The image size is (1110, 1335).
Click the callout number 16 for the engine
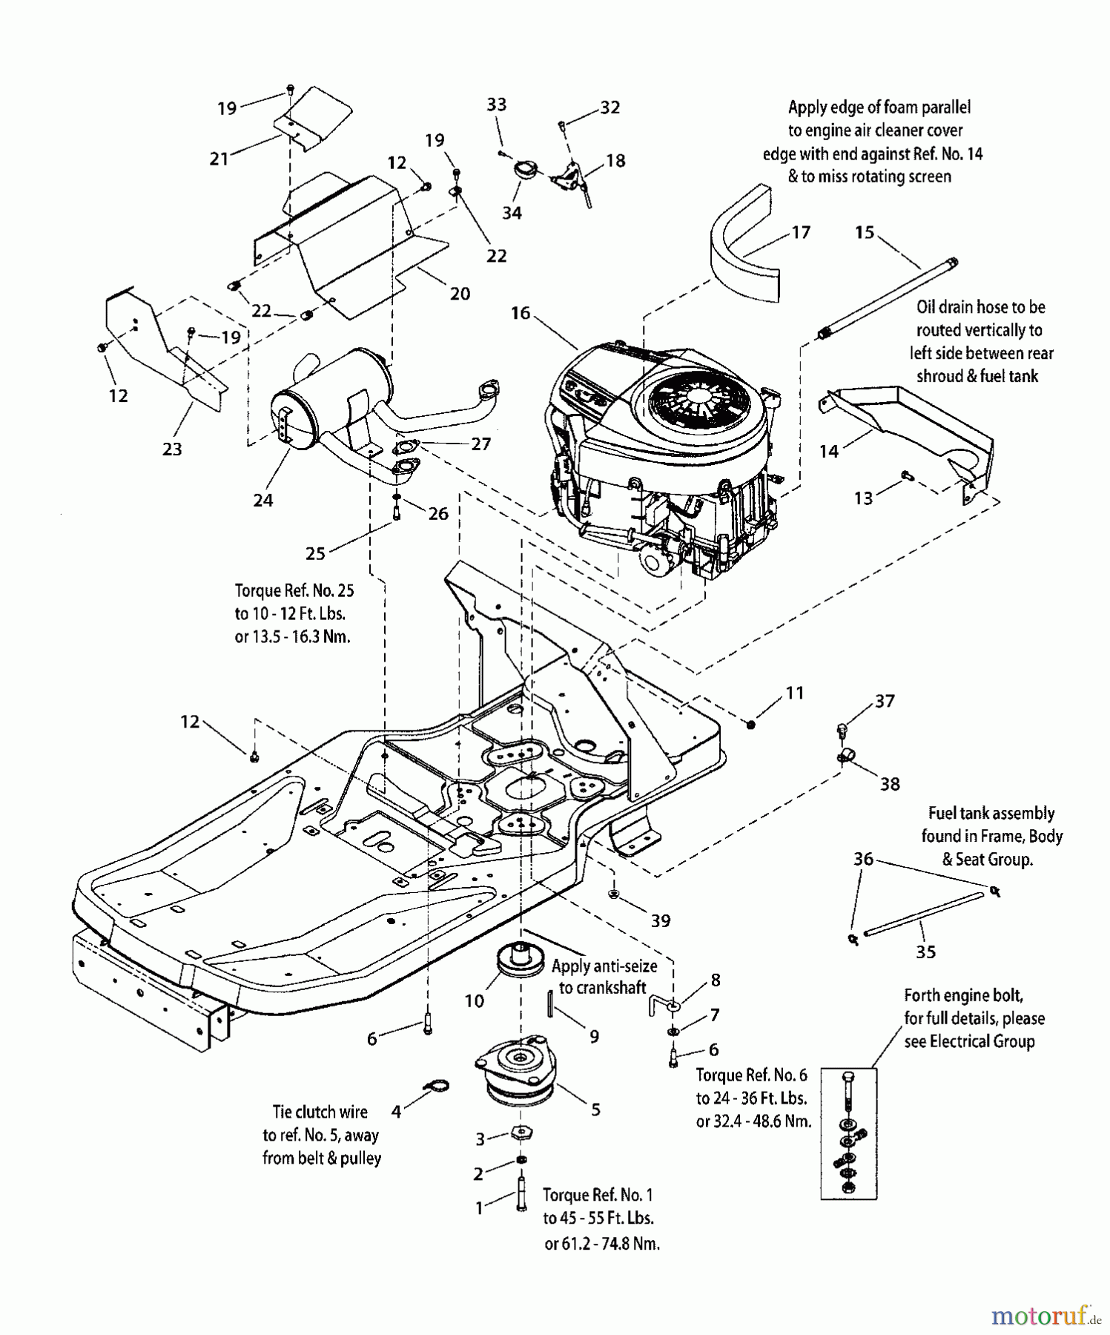pos(521,313)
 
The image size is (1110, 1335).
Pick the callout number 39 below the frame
pos(660,920)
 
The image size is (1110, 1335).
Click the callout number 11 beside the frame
pos(795,693)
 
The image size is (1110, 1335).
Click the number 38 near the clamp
pos(890,783)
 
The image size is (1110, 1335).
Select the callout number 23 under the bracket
pos(172,449)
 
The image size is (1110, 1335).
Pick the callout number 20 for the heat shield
pos(460,294)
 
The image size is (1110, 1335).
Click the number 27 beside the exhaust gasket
pos(481,444)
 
